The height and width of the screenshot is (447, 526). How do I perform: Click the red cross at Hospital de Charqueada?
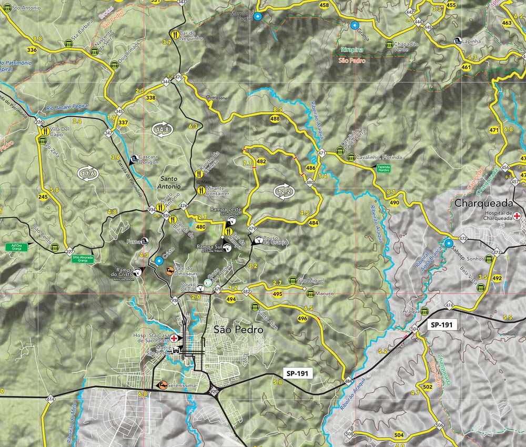click(518, 215)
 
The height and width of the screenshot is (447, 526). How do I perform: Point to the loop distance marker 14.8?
click(161, 129)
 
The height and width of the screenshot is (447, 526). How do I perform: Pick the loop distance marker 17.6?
click(88, 174)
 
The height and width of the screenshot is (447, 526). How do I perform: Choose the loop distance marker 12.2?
click(283, 192)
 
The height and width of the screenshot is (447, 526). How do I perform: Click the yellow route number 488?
click(275, 119)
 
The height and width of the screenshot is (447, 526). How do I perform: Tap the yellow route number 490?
click(394, 202)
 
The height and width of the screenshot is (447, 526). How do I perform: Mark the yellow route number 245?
click(43, 197)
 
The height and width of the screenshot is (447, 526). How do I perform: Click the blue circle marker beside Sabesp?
click(448, 243)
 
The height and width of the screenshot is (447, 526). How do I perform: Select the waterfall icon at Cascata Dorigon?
click(135, 158)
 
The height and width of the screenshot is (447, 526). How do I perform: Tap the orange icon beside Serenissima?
click(164, 385)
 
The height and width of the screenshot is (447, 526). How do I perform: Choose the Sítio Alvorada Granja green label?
click(83, 259)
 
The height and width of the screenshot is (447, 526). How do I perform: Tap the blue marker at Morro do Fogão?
click(257, 17)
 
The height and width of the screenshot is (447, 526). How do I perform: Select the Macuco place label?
click(325, 293)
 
